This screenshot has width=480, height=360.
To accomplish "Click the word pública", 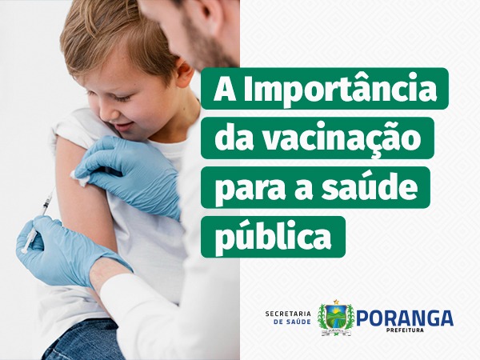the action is point(273,237).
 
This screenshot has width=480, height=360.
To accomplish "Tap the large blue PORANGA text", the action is point(404,318).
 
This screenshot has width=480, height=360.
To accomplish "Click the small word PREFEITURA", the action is point(405,330).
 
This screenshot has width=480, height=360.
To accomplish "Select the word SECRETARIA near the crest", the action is point(288,314).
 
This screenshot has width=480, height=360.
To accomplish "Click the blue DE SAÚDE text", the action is point(292,322).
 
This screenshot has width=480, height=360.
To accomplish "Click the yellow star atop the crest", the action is point(337,302).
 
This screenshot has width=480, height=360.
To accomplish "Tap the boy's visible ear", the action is point(185,74).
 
